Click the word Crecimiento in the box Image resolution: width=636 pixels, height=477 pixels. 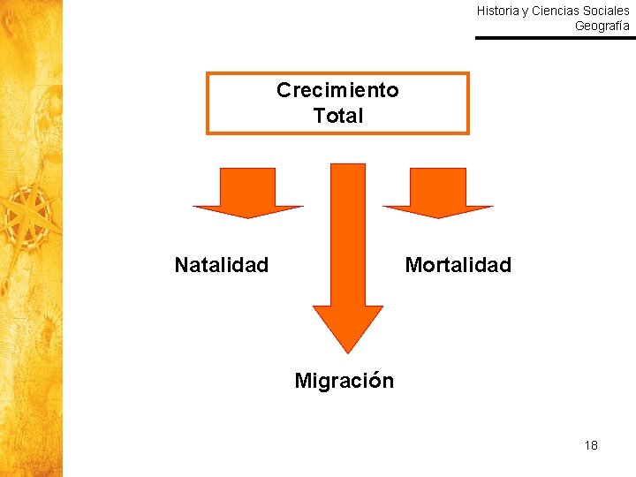337,90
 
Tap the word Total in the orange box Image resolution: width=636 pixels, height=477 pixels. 337,116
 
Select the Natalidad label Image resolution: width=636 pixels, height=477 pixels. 222,265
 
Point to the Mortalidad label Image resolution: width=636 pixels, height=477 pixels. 458,265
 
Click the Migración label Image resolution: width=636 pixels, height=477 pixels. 344,381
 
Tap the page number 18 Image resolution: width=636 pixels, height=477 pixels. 591,445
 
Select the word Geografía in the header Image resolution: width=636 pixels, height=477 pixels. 602,26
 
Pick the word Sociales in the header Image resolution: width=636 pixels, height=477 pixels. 606,11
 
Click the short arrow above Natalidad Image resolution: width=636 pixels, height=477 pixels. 248,194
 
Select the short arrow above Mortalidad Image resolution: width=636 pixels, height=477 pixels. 438,194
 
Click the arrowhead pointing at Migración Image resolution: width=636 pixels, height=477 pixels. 347,327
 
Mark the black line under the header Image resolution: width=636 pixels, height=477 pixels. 555,38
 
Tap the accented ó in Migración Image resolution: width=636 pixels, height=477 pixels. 376,381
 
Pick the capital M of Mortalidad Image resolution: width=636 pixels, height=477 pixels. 413,265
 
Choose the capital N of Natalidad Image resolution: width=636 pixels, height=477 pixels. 181,265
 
